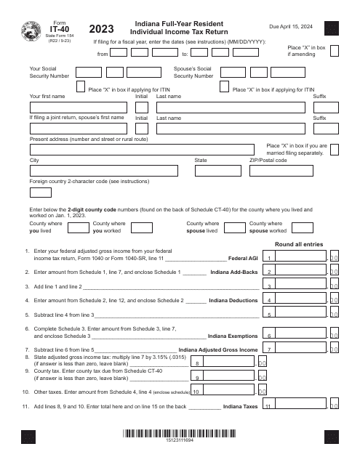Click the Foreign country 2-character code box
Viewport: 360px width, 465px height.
[40, 193]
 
